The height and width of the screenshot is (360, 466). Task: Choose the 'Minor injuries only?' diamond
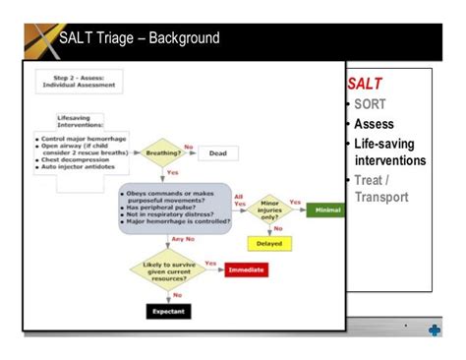point(268,210)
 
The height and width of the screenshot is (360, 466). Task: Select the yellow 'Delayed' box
point(268,244)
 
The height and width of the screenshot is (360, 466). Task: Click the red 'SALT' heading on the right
point(365,86)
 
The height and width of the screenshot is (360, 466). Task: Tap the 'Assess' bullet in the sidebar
point(375,124)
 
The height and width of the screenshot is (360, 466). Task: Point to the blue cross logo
point(434,331)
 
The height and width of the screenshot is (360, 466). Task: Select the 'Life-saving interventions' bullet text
point(390,151)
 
